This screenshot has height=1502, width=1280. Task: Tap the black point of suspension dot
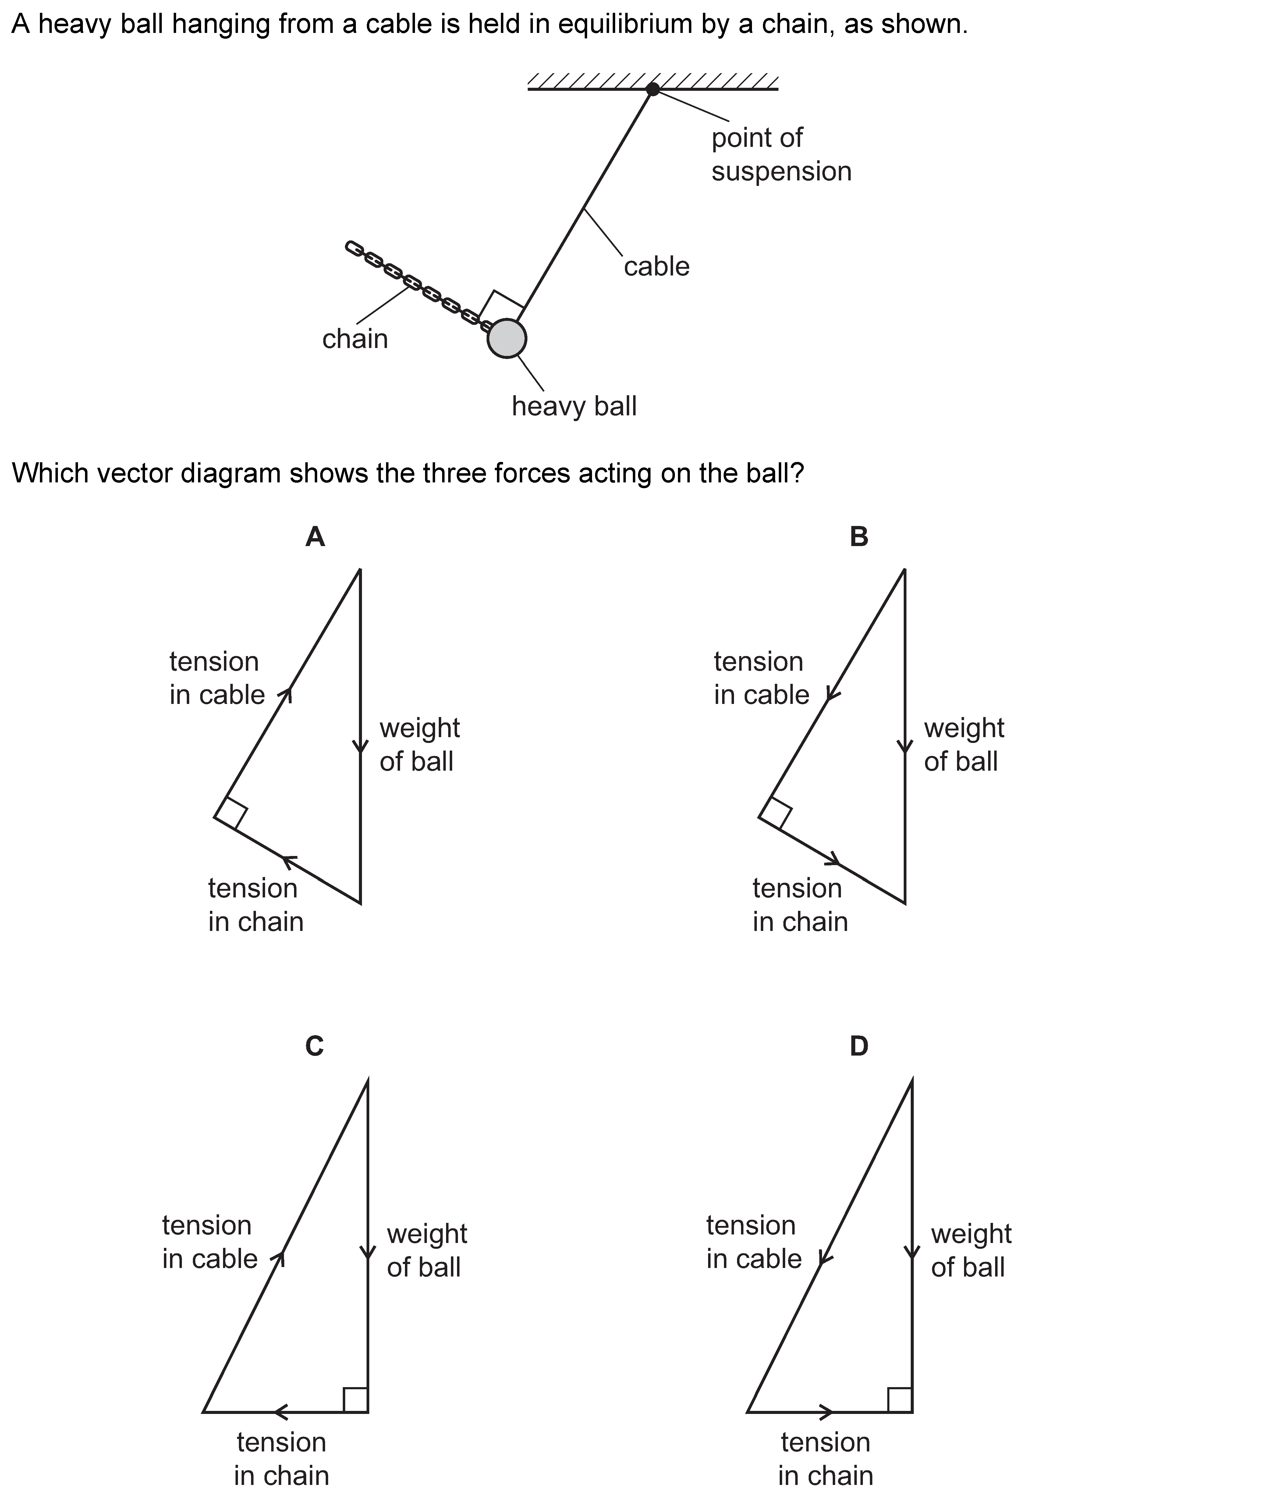pyautogui.click(x=652, y=89)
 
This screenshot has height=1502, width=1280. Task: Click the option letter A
pyautogui.click(x=314, y=537)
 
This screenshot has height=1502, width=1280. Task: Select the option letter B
pyautogui.click(x=859, y=537)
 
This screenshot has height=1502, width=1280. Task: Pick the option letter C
pyautogui.click(x=314, y=1046)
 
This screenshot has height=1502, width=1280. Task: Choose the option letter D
pyautogui.click(x=859, y=1046)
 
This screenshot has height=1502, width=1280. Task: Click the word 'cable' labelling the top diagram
pyautogui.click(x=657, y=267)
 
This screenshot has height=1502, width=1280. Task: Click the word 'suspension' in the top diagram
pyautogui.click(x=781, y=172)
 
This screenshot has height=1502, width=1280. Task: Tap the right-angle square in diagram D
pyautogui.click(x=899, y=1400)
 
